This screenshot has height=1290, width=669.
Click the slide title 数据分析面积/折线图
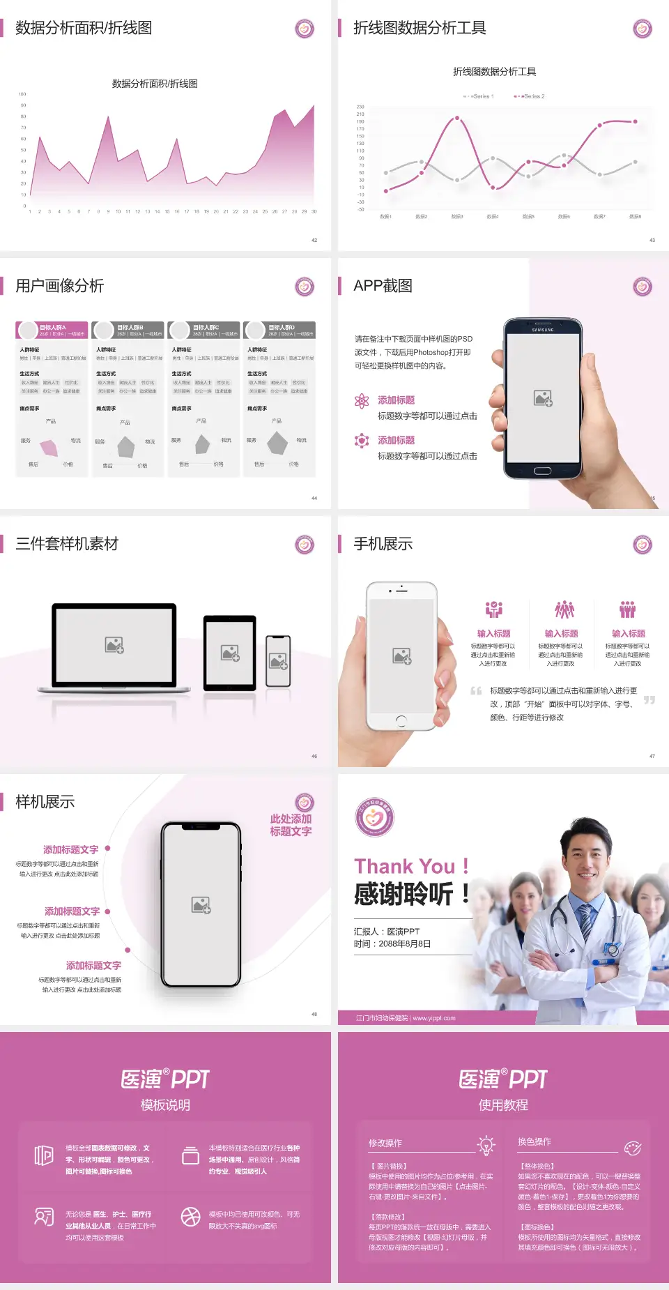point(84,28)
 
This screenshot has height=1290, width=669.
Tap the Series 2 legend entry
point(531,96)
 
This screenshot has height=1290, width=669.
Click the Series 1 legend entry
point(479,96)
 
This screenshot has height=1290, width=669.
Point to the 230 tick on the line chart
point(360,107)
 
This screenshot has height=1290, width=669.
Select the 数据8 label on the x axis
point(635,217)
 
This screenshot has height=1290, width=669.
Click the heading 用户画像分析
point(60,286)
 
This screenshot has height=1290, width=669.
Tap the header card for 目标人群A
point(52,330)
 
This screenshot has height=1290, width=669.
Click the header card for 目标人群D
point(279,330)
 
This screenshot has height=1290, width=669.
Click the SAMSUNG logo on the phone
point(543,330)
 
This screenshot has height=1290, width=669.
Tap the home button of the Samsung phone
point(543,471)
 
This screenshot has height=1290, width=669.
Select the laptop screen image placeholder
point(114,645)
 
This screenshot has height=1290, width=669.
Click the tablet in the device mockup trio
point(230,653)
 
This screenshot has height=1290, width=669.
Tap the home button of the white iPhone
point(401,720)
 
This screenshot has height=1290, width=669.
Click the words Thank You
point(404,866)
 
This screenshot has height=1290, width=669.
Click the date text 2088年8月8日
point(405,943)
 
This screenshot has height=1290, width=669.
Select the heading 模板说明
point(165,1105)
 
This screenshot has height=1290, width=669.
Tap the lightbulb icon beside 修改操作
point(486,1144)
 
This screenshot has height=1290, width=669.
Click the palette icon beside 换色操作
point(633,1148)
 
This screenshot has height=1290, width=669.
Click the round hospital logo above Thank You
point(374,817)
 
